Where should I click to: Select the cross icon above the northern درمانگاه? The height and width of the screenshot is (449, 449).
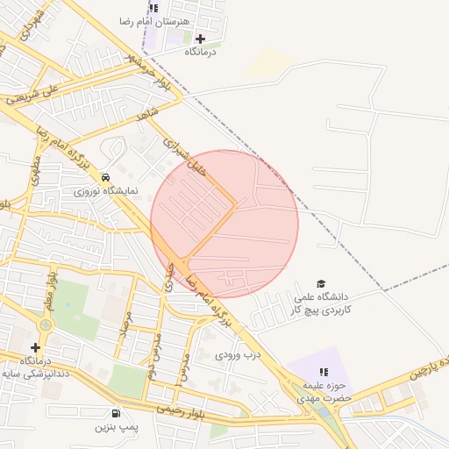(x=201, y=39)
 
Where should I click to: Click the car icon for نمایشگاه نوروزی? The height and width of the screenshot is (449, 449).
(x=106, y=175)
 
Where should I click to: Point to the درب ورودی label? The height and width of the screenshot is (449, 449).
(x=239, y=355)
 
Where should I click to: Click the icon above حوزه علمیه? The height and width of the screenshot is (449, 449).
(x=321, y=375)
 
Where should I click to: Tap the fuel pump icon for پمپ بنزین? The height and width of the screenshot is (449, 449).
(x=115, y=413)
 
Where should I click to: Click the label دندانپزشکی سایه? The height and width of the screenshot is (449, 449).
(x=35, y=374)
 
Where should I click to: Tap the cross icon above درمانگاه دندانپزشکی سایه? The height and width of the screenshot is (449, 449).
(x=35, y=347)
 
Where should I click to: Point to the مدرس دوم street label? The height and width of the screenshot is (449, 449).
(x=151, y=359)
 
